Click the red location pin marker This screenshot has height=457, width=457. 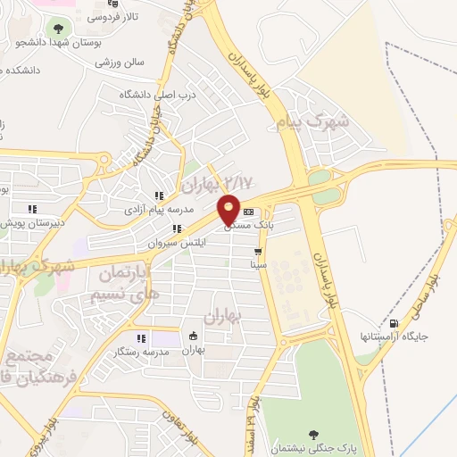click(x=229, y=208)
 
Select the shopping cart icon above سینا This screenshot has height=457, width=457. click(x=258, y=252)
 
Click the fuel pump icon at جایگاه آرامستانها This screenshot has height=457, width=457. click(x=395, y=323)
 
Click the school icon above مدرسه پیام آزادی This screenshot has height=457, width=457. click(x=159, y=195)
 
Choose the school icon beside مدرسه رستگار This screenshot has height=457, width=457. click(x=141, y=338)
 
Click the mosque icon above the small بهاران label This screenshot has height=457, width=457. click(x=194, y=337)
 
